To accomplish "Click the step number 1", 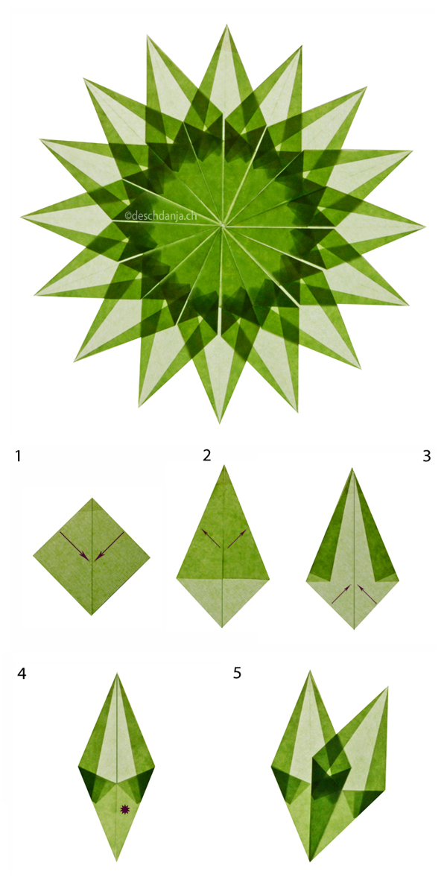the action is [x=19, y=456].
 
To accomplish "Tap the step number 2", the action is [x=207, y=455].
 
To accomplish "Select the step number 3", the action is [x=427, y=456].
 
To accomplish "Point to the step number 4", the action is [x=22, y=674].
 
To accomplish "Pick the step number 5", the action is [x=237, y=673].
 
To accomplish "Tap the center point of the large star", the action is [x=223, y=225].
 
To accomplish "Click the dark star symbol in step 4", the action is [x=124, y=808].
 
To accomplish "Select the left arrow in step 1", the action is [x=74, y=545].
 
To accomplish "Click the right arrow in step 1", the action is [x=109, y=545].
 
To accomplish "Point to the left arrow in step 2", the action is [x=211, y=538].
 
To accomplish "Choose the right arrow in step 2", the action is [x=237, y=538].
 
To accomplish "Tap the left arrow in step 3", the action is [x=341, y=594].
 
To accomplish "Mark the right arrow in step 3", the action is [x=367, y=594].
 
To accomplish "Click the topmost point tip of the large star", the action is [x=227, y=25].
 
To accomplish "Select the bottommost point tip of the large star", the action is [x=219, y=422].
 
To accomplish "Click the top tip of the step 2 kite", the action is [x=223, y=466].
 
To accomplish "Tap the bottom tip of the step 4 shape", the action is [x=117, y=861].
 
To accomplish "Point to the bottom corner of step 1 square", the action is [x=92, y=615].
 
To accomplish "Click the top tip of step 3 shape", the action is [x=353, y=469].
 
